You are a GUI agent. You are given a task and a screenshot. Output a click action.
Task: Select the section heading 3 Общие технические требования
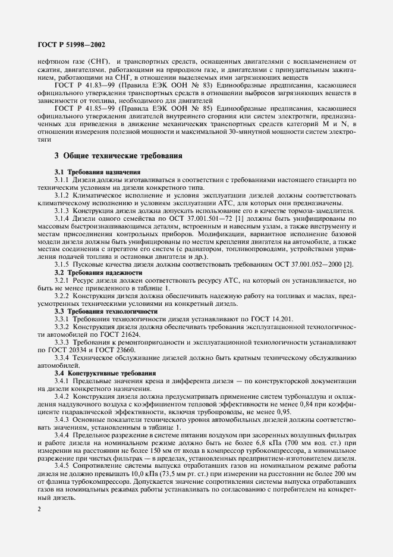114,156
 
